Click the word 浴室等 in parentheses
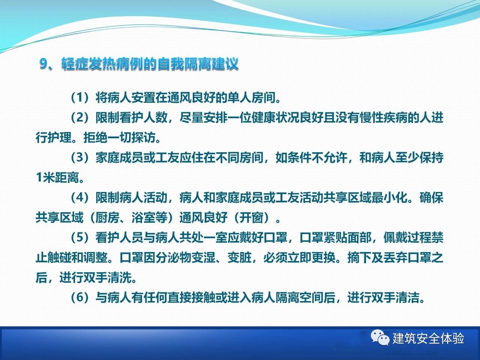pyautogui.click(x=149, y=218)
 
